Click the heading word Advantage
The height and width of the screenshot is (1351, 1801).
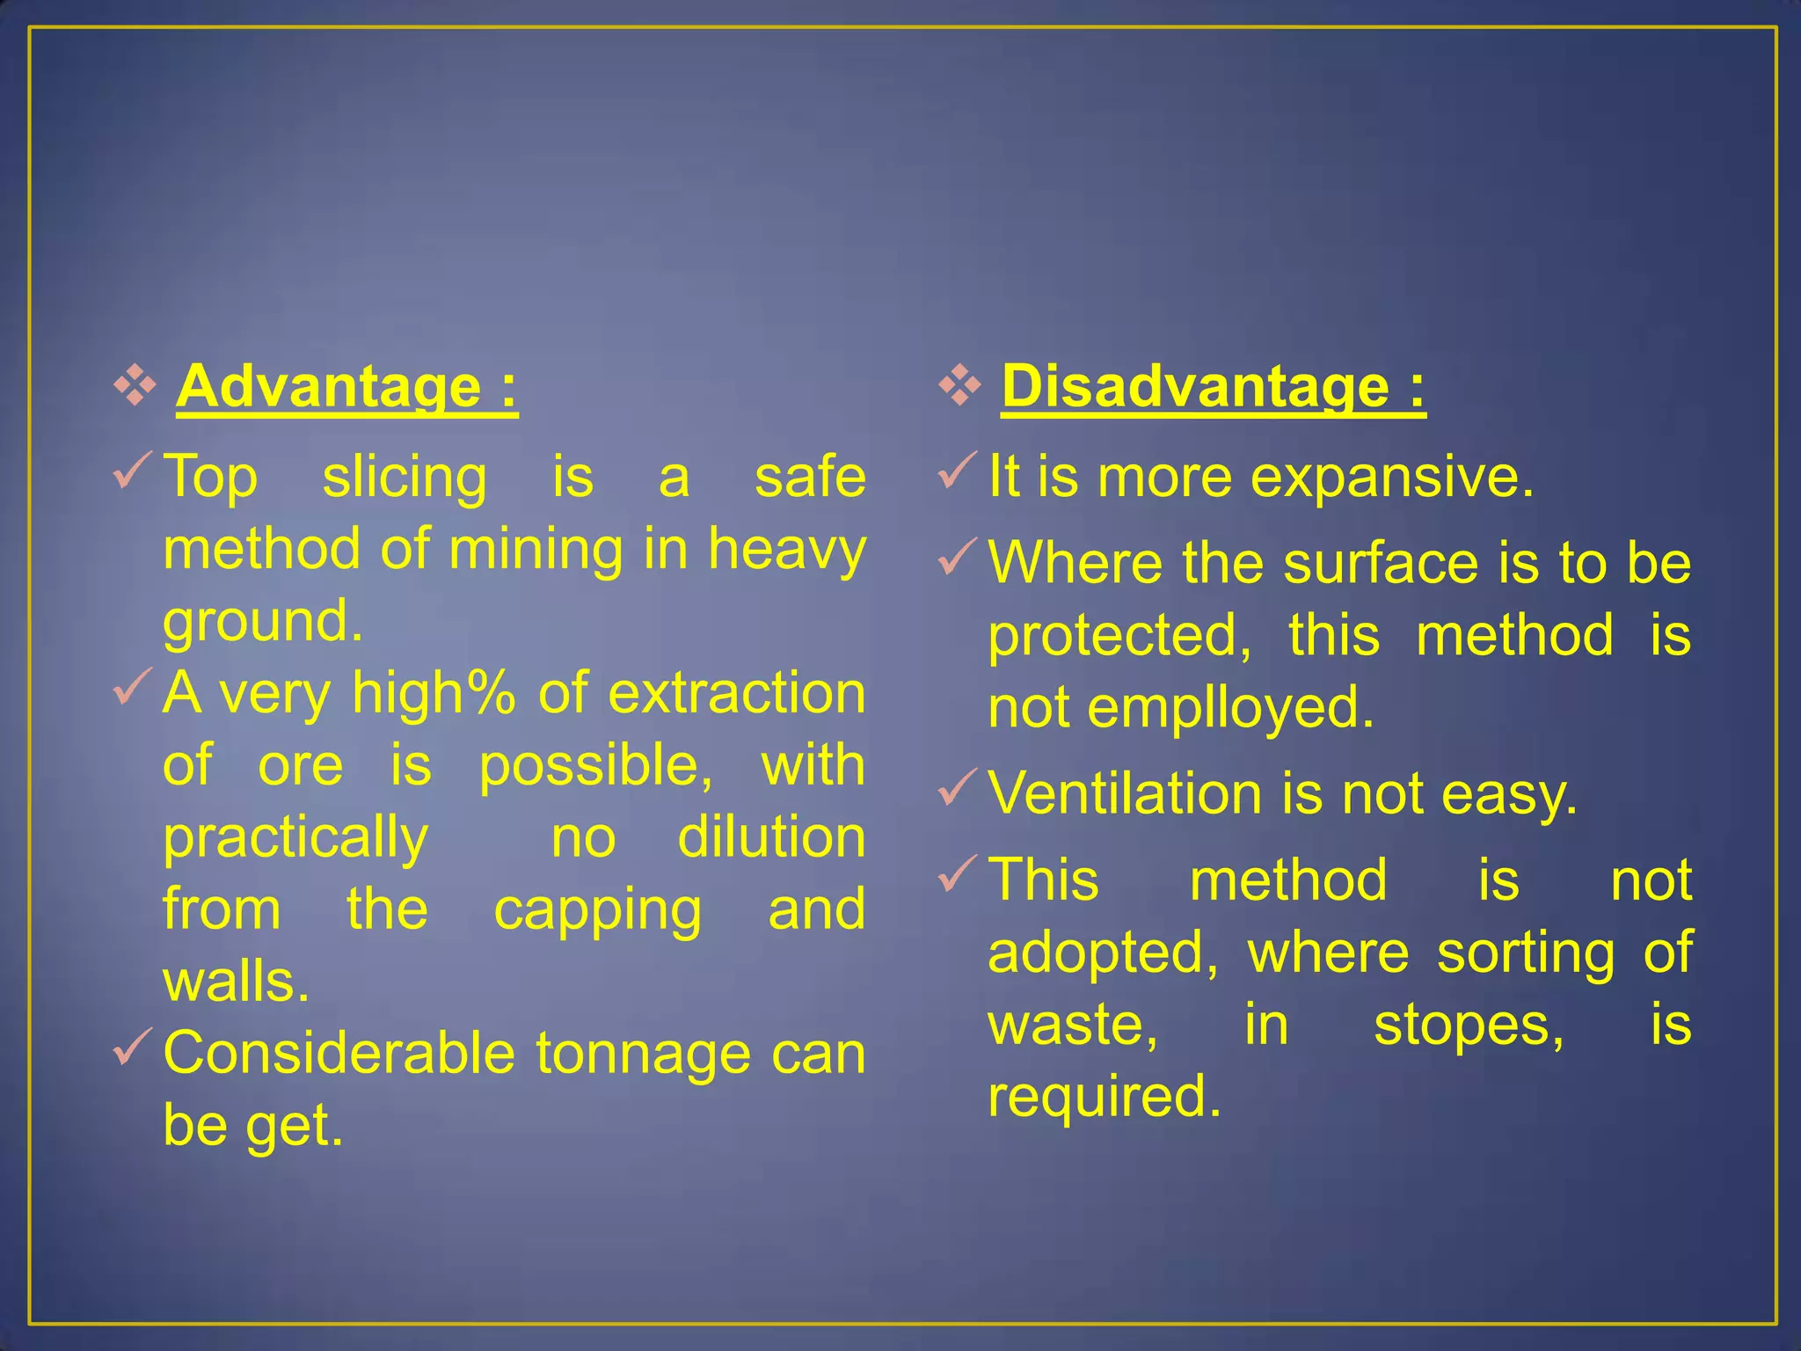(329, 387)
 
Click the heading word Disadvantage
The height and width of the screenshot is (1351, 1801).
(1194, 387)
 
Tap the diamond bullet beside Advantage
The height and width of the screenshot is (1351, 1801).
(135, 386)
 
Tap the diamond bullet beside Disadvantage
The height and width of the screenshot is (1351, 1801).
(959, 386)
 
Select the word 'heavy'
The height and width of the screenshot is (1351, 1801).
(787, 551)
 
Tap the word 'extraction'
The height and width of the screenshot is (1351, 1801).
(737, 694)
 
